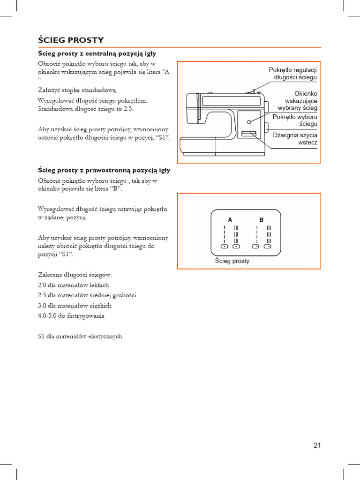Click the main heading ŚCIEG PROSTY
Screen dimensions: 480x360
(x=71, y=40)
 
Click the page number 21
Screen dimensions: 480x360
(x=317, y=445)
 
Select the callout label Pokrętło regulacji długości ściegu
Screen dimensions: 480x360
(x=292, y=74)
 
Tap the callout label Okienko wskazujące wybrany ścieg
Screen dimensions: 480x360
(x=301, y=101)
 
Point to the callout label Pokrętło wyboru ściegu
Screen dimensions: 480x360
(x=295, y=120)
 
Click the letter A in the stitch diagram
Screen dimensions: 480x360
(x=230, y=219)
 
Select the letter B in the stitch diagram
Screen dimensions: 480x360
(x=261, y=219)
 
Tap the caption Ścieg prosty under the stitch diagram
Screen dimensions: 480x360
(x=232, y=261)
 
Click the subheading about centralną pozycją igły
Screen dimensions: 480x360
(x=97, y=54)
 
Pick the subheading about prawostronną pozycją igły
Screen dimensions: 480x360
(x=104, y=170)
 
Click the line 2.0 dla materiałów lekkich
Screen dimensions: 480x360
(x=74, y=285)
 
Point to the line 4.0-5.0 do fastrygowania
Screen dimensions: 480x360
(x=71, y=316)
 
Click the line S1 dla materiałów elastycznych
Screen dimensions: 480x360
(x=80, y=336)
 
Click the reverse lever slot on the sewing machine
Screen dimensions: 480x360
(x=247, y=135)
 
